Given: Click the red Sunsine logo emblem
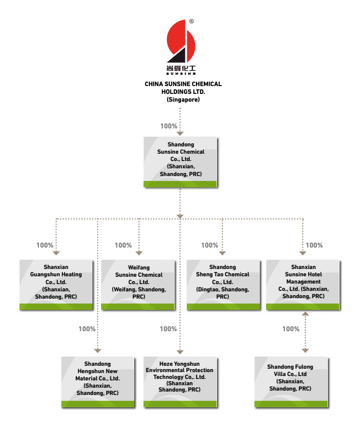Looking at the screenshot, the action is point(180,41).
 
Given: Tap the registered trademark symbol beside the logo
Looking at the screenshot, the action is point(191,21).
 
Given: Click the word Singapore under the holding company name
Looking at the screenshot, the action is point(183,100).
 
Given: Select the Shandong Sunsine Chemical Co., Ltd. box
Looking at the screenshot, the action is point(180,162).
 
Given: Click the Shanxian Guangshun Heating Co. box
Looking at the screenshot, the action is point(56,285).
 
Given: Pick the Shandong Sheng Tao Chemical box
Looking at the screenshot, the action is point(223,285).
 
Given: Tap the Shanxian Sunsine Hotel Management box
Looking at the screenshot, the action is point(303,285).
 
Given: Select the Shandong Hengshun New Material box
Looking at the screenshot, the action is point(98,382).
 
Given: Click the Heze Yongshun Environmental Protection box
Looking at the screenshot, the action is point(180,382).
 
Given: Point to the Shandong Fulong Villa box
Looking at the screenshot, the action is point(291,382).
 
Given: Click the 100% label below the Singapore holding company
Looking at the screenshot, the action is point(169,126).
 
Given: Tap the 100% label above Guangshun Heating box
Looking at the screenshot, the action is point(45,245).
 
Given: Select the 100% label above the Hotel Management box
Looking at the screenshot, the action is point(314,245).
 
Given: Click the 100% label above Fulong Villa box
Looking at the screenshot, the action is point(291,329).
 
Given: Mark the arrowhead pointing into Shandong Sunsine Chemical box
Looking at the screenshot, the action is point(180,134).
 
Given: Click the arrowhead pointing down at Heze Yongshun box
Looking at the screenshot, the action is point(180,352).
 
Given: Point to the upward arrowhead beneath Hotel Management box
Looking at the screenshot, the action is point(305,314).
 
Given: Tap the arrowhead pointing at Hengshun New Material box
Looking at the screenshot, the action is point(98,351).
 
